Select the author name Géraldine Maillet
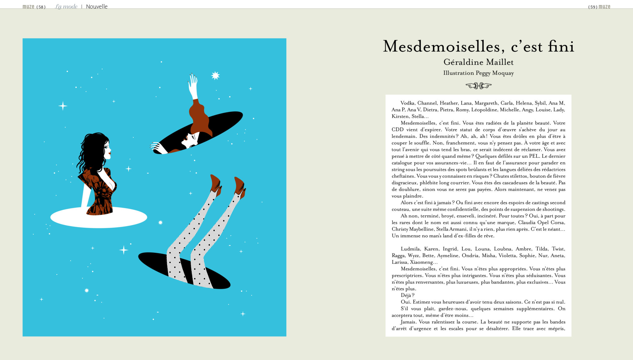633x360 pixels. pos(478,62)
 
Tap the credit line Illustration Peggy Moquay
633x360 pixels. pos(478,73)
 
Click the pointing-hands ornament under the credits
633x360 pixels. pos(478,86)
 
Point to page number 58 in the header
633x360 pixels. pos(41,7)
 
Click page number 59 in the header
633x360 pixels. pos(593,7)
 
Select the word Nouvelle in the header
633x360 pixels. pos(97,7)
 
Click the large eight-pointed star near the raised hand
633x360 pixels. pos(215,75)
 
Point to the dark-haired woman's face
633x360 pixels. pos(107,150)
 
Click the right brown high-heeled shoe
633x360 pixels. pos(240,187)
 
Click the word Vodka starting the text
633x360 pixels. pos(408,103)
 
